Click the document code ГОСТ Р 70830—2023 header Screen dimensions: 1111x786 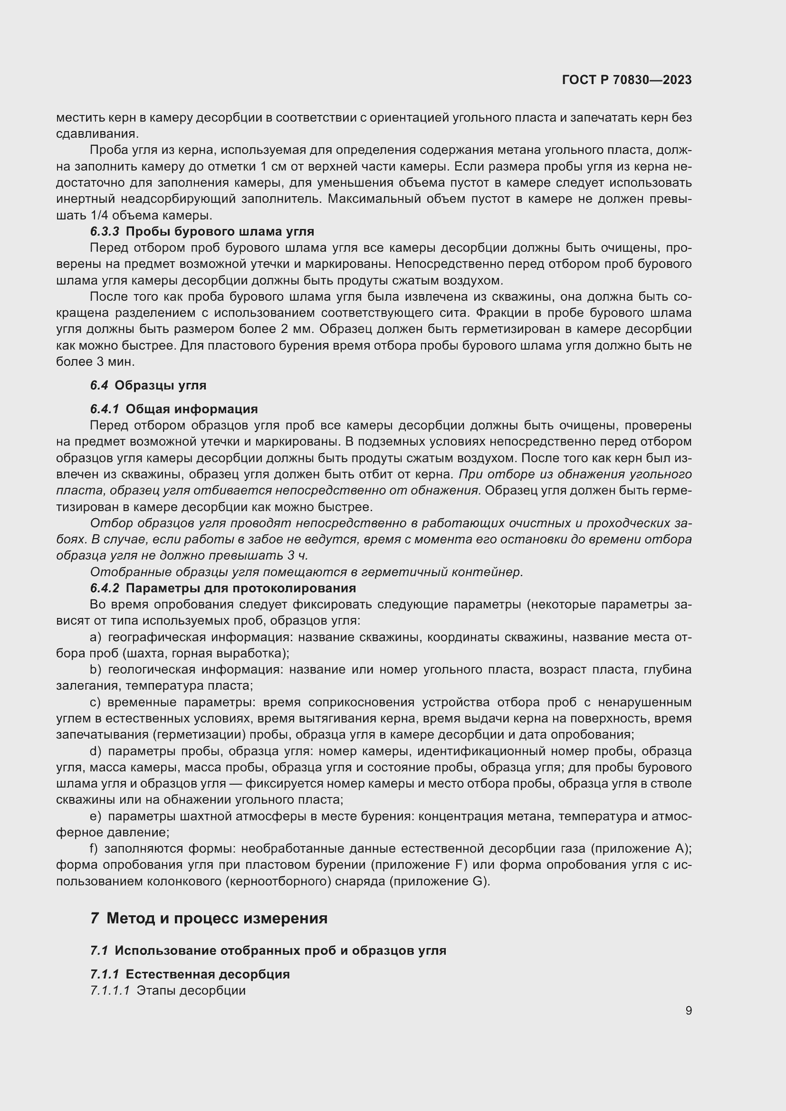(x=627, y=80)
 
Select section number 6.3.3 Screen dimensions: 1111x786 (x=104, y=231)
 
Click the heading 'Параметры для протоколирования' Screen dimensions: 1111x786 (x=240, y=588)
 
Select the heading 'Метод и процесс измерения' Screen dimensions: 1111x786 (x=217, y=918)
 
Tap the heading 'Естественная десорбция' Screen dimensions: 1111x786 (x=207, y=974)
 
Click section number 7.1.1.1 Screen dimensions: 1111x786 (x=110, y=990)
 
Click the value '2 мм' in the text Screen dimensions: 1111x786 (x=297, y=329)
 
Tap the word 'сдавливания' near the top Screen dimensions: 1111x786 (x=97, y=133)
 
